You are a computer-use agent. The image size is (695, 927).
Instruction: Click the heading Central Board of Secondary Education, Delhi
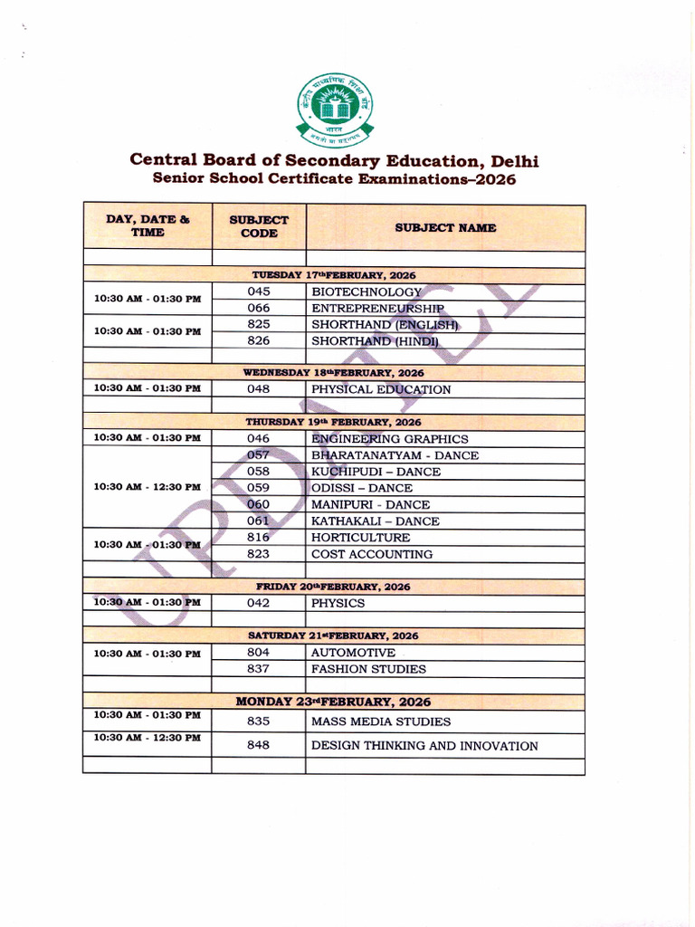click(334, 160)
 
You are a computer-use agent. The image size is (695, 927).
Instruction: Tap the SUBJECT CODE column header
click(259, 226)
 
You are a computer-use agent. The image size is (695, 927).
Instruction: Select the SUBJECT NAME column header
click(445, 227)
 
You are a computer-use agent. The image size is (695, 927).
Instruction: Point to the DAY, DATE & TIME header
click(148, 225)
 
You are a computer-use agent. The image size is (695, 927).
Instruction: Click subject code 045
click(259, 291)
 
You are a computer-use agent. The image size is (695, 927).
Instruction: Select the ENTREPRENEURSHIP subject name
click(377, 309)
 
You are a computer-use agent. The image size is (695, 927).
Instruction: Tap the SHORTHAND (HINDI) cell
click(375, 341)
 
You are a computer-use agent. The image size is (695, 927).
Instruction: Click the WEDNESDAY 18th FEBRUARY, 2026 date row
click(333, 373)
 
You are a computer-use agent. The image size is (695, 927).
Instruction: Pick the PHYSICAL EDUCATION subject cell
click(381, 390)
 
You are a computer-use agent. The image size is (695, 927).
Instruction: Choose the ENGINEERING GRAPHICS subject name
click(390, 439)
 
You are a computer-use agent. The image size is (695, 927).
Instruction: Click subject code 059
click(259, 488)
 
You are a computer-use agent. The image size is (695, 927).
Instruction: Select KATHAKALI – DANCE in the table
click(376, 521)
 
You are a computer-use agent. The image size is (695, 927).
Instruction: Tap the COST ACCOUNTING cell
click(372, 554)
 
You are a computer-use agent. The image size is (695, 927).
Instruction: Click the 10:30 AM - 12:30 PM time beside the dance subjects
click(148, 487)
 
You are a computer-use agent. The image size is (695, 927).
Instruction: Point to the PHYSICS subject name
click(338, 603)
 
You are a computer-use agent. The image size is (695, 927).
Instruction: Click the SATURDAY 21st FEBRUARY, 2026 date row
click(333, 636)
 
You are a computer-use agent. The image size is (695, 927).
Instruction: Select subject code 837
click(259, 670)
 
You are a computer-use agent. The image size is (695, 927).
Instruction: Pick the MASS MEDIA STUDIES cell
click(381, 722)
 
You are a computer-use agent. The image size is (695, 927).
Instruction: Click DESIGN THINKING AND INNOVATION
click(424, 746)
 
